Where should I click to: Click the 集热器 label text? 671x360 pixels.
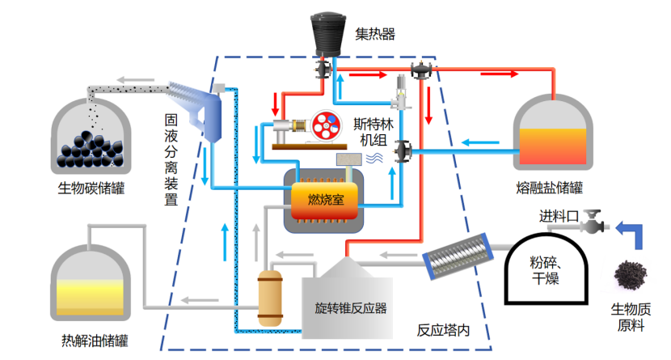(x=375, y=34)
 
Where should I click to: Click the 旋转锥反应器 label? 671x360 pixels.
(x=351, y=308)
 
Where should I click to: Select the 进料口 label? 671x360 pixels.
(x=559, y=217)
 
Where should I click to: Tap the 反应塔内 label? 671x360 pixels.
(x=442, y=331)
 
